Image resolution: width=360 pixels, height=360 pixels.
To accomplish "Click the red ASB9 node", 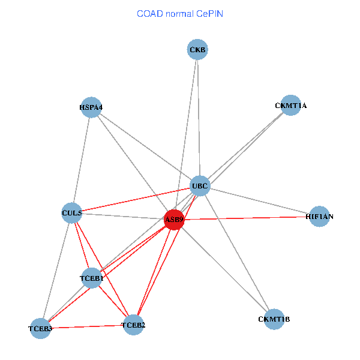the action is coord(174,220).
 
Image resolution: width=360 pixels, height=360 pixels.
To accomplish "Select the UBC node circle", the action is coord(199,186).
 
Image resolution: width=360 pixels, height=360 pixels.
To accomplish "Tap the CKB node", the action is coord(197,50).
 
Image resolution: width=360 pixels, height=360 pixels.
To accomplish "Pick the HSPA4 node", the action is coord(91,107).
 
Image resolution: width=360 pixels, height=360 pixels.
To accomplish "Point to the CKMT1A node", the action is coord(290,106).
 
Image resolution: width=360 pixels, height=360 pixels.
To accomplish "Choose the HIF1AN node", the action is coord(318,216).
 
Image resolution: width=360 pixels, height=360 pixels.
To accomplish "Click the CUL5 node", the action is coord(72,212).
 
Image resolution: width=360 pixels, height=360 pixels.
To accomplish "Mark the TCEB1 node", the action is coord(92,278).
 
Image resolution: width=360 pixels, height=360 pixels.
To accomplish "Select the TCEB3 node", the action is coord(40,329).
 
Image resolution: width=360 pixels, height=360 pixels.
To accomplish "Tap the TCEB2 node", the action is coord(133,325).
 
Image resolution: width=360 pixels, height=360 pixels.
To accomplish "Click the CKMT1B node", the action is coord(273,319).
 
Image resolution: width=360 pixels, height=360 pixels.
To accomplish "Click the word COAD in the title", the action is coord(151,13).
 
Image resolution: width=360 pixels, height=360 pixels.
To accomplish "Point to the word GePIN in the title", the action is coord(210,13).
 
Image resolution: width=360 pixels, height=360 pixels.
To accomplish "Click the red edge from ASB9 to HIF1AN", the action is coord(246,218).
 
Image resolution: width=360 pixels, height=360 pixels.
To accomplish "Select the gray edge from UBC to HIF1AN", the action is coord(258,200).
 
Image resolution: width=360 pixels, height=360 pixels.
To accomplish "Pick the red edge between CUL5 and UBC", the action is coord(136,199).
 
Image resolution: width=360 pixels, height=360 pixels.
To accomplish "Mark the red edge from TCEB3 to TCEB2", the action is coord(87,327).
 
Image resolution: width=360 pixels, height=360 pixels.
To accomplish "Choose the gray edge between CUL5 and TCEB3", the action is coord(56,270).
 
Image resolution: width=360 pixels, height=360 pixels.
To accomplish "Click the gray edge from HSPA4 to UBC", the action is coord(144,146).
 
